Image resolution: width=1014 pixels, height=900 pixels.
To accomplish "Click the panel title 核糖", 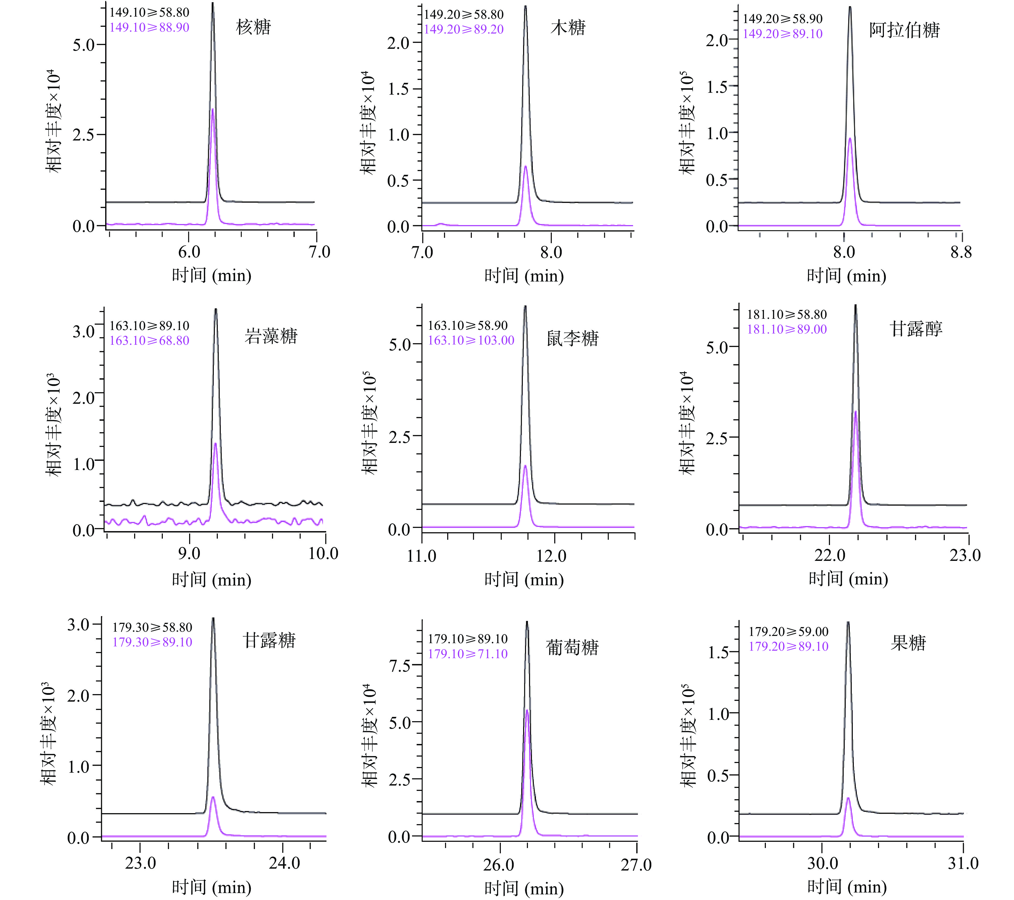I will [253, 27].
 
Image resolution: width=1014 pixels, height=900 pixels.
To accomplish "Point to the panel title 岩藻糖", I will [271, 336].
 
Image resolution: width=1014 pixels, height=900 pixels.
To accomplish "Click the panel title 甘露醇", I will [916, 329].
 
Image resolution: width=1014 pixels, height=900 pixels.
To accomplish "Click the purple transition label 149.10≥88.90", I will [149, 27].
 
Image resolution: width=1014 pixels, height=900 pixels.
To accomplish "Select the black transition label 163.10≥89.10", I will [149, 326].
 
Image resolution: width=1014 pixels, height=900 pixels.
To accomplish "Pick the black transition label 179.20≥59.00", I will [788, 632].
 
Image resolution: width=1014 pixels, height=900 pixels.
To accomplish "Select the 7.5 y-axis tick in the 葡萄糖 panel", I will [400, 665].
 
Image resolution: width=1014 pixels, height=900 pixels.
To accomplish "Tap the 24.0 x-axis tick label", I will [284, 863].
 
